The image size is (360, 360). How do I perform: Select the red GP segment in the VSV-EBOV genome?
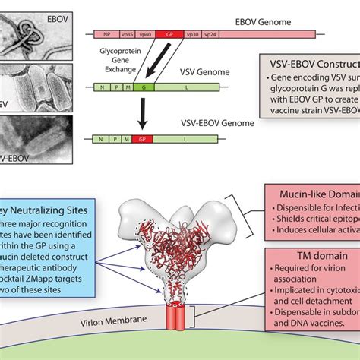tap(142, 140)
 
